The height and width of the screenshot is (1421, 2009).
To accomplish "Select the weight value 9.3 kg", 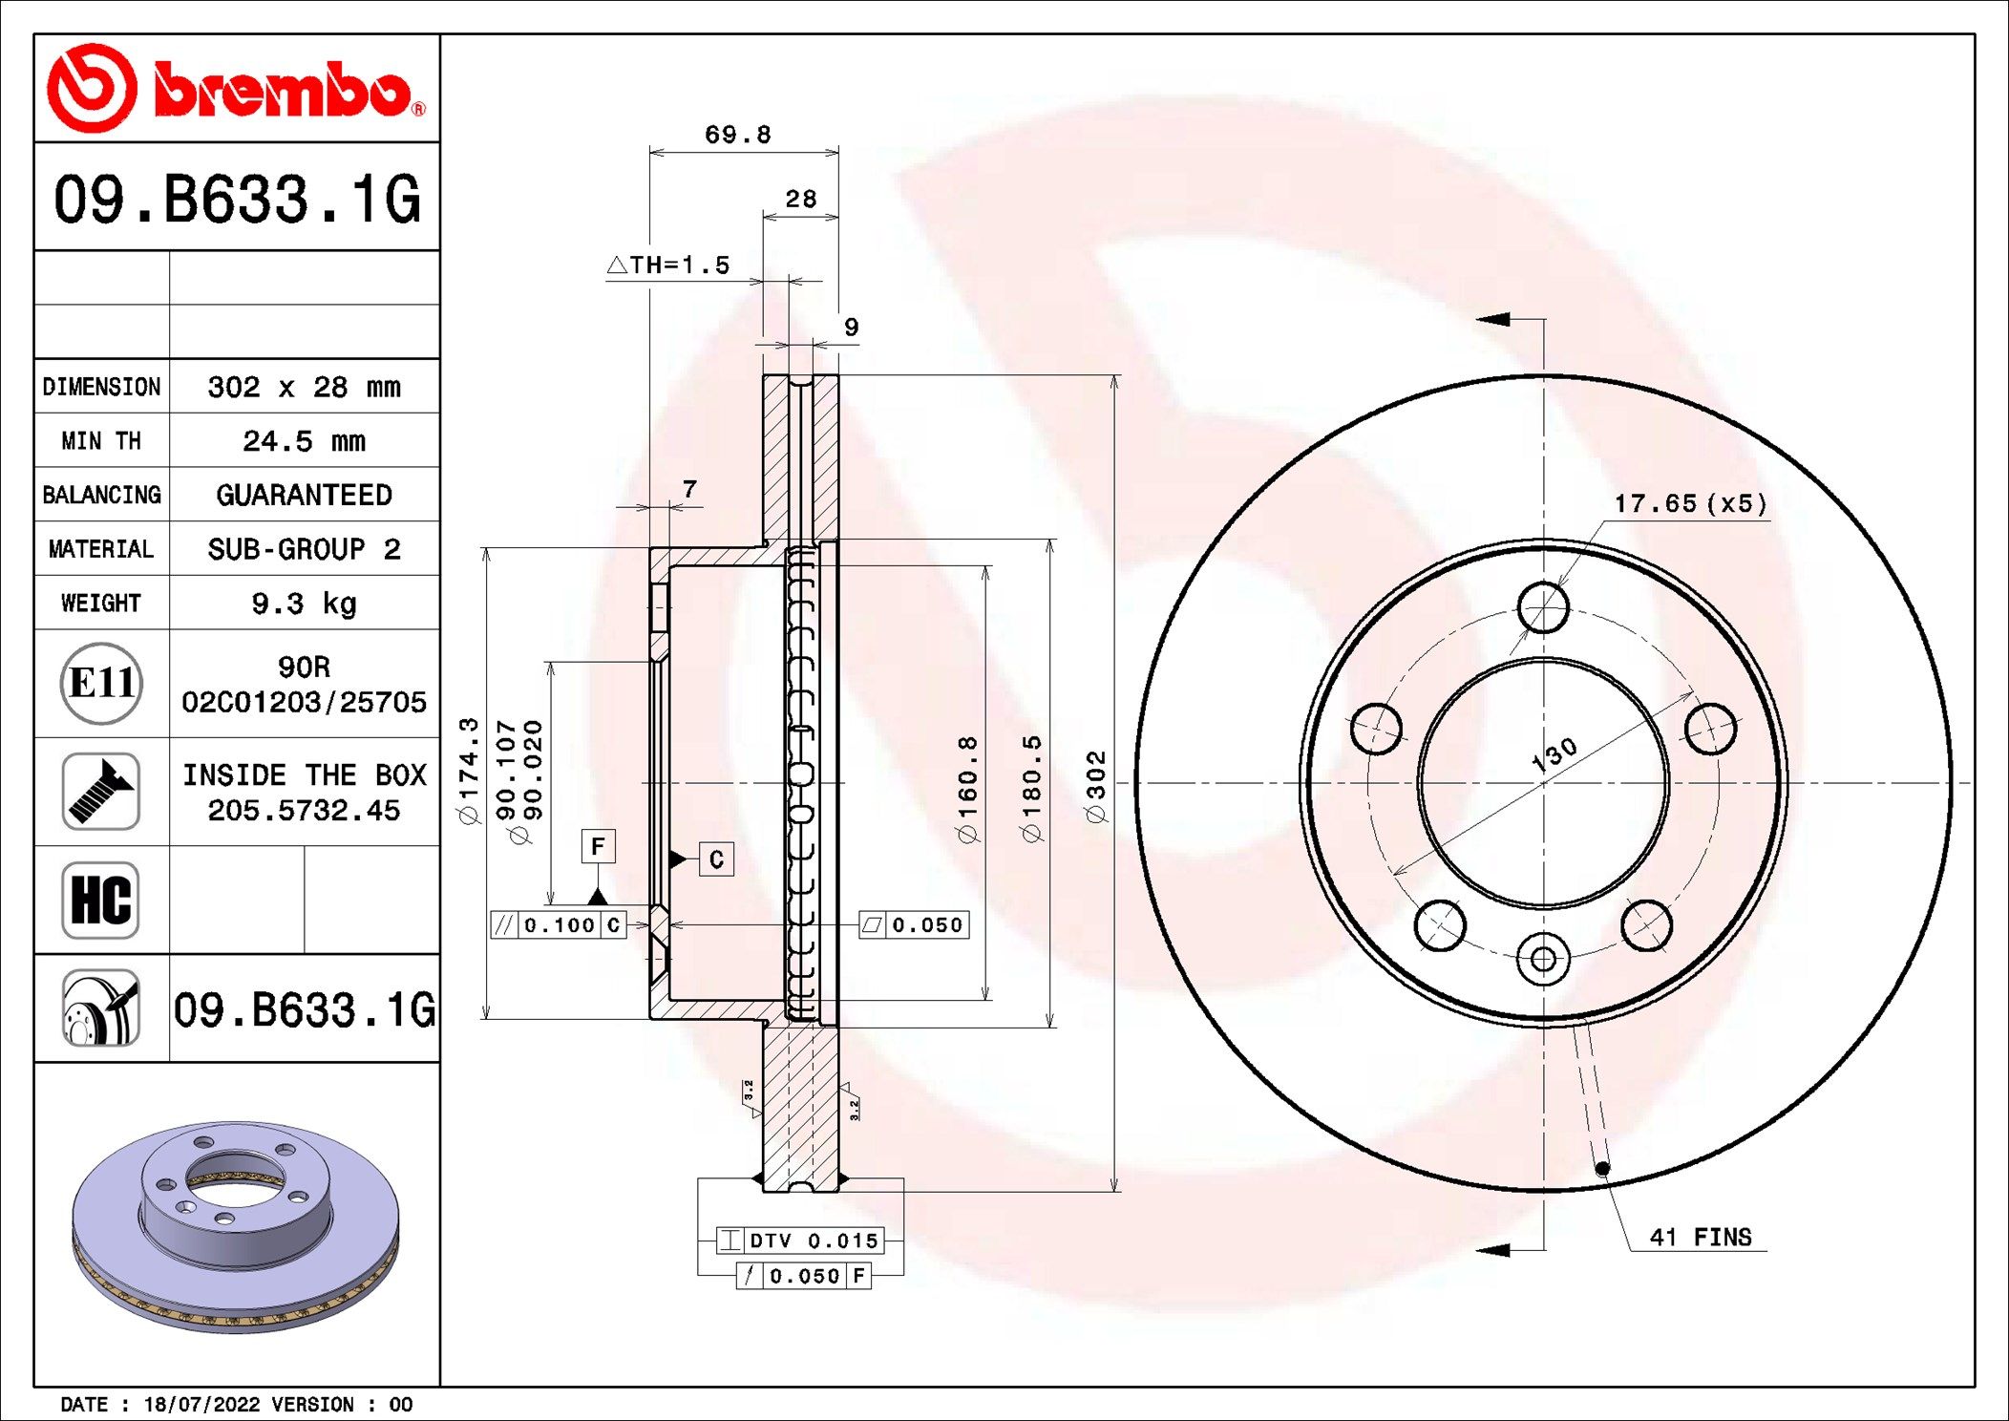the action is (x=304, y=604).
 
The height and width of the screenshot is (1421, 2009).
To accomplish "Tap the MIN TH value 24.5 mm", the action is (x=304, y=441).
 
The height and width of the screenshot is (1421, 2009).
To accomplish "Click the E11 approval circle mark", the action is (x=101, y=683).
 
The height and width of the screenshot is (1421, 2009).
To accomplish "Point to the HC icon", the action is (x=101, y=900).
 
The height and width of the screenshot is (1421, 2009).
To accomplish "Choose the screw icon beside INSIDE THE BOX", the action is (x=101, y=791).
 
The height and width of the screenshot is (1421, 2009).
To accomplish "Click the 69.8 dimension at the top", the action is (x=738, y=135).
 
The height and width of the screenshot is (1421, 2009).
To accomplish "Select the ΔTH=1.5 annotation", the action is (x=668, y=265).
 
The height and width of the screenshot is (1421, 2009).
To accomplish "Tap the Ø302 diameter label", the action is (x=1095, y=786).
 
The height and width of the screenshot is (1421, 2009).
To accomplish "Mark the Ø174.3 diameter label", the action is (x=468, y=771).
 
